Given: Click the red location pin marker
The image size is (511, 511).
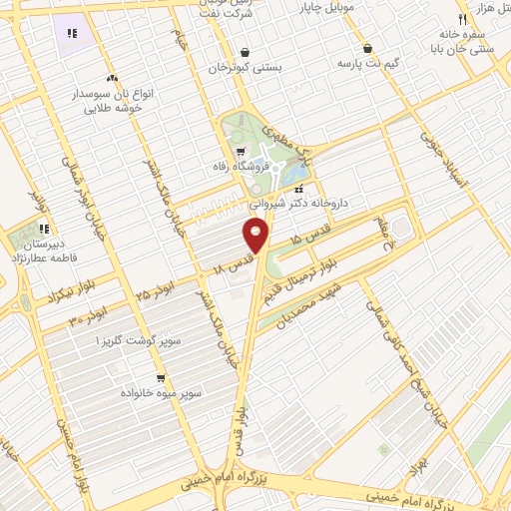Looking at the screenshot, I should (x=256, y=235).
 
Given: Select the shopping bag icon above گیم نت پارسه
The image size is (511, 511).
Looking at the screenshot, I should (x=367, y=48).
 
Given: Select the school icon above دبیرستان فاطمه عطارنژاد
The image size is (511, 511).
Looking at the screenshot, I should (x=43, y=230).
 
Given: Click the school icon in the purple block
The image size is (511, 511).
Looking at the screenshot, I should (x=73, y=34).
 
